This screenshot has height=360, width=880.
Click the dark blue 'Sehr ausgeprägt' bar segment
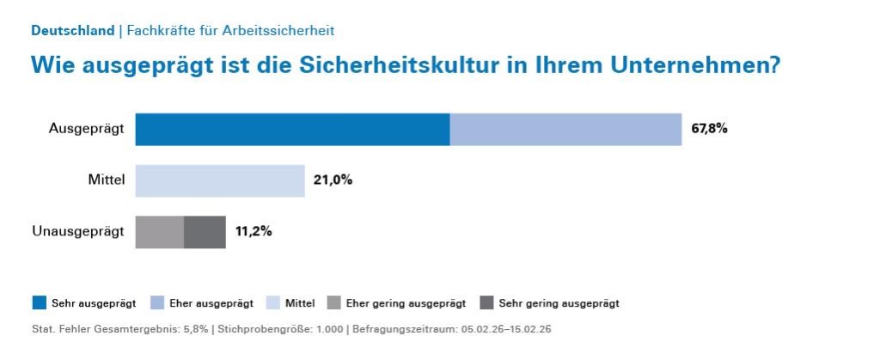coord(292,130)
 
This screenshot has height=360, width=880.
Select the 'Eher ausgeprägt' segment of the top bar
coord(565,130)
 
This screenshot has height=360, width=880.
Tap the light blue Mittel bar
coord(220,180)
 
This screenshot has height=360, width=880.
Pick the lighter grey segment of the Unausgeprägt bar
coord(160,232)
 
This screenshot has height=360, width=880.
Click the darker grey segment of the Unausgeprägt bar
coord(205,232)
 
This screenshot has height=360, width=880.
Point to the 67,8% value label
coord(709,130)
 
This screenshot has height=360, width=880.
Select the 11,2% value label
coord(254,232)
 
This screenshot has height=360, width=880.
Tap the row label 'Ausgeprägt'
coord(87,130)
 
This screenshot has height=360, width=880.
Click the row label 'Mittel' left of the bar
coord(107,180)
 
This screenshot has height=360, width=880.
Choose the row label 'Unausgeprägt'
coord(78,232)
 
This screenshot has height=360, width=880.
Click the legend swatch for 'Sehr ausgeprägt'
coord(40,302)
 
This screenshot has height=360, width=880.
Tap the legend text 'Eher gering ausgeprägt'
coord(406,303)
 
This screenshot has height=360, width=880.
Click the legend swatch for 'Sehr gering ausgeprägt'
coord(486,302)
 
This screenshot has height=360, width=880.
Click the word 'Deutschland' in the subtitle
coord(72,31)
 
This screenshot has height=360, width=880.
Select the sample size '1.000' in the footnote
coord(328,329)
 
